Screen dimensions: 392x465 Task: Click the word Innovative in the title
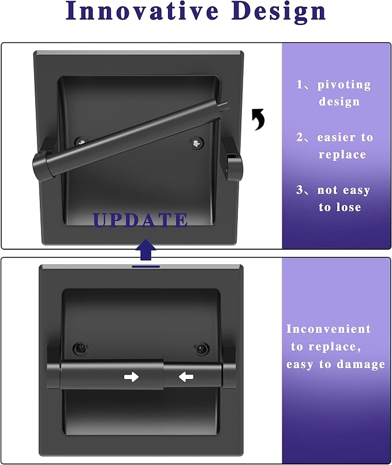[x=142, y=11]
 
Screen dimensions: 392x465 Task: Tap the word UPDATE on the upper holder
[x=140, y=219]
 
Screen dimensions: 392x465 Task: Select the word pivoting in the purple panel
[x=344, y=85]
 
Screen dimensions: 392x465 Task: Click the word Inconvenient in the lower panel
[x=328, y=329]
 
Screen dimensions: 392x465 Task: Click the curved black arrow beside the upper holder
[x=258, y=119]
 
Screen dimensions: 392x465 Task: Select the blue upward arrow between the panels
[x=145, y=250]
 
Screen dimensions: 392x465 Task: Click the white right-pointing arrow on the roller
[x=131, y=377]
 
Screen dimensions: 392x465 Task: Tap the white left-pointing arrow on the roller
[x=186, y=377]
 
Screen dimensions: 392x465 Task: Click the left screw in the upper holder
[x=81, y=141]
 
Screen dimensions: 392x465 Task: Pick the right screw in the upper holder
[x=197, y=144]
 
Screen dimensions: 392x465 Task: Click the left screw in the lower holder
[x=80, y=348]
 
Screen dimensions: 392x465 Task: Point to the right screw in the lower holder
[x=202, y=348]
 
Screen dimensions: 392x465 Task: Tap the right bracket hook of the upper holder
[x=234, y=167]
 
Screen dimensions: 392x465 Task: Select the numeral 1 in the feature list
[x=300, y=84]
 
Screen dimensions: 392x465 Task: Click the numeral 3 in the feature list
[x=300, y=190]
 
